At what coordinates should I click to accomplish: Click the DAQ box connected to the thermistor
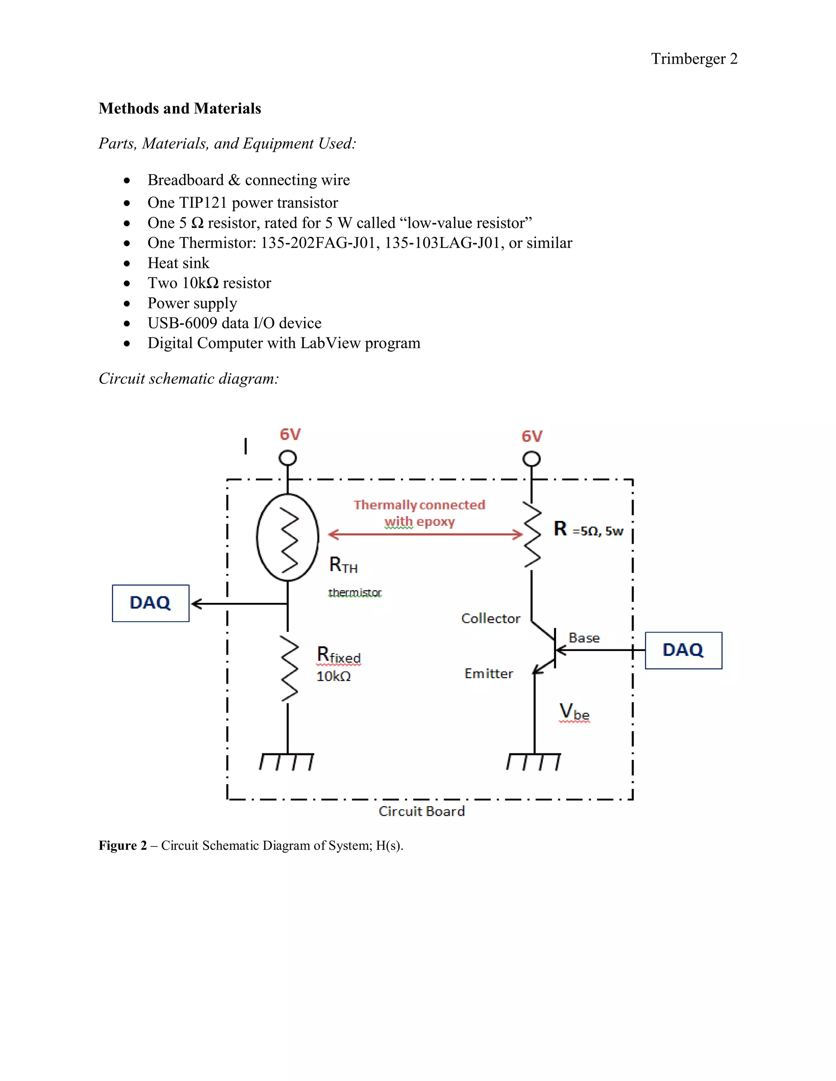151,603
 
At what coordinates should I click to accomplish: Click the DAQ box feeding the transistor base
683,650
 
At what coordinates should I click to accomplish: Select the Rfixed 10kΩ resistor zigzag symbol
289,669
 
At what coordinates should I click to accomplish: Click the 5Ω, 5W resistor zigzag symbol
532,534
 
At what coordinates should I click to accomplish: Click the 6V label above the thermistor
290,434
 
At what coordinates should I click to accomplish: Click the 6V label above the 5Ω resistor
532,436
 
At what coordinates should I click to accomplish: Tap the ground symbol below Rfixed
287,761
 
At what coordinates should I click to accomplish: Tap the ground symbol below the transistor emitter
534,761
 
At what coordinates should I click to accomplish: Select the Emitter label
488,673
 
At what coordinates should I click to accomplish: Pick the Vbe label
574,712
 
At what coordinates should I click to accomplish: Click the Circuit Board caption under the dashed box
421,811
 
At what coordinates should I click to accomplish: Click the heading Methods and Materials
180,109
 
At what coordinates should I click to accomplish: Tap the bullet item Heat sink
178,263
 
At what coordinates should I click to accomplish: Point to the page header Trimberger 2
694,58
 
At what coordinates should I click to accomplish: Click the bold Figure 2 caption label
123,845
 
